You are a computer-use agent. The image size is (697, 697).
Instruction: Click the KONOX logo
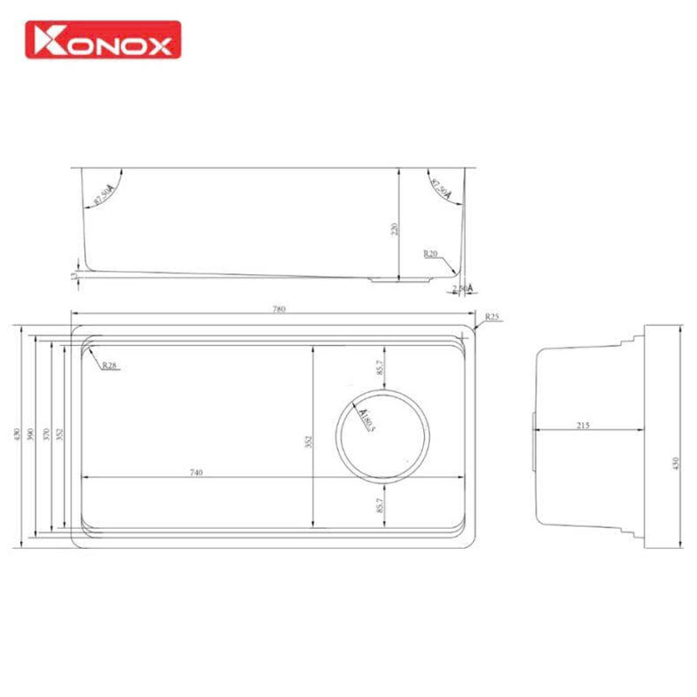pyautogui.click(x=104, y=39)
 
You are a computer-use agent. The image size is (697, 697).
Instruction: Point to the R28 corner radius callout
pyautogui.click(x=109, y=366)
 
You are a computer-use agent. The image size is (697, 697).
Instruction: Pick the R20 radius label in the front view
pyautogui.click(x=430, y=254)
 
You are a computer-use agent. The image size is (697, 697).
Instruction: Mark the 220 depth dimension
pyautogui.click(x=394, y=230)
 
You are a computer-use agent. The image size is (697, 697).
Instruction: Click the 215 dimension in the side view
pyautogui.click(x=583, y=424)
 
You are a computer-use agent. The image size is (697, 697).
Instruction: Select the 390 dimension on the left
pyautogui.click(x=30, y=435)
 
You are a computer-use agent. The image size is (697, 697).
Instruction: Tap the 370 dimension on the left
pyautogui.click(x=46, y=435)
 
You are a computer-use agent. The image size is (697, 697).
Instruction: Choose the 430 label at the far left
pyautogui.click(x=15, y=435)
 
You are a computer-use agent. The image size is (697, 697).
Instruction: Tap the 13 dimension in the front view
pyautogui.click(x=76, y=275)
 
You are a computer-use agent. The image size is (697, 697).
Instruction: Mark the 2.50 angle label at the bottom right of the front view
pyautogui.click(x=460, y=288)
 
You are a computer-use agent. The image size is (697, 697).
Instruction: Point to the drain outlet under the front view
pyautogui.click(x=400, y=280)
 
